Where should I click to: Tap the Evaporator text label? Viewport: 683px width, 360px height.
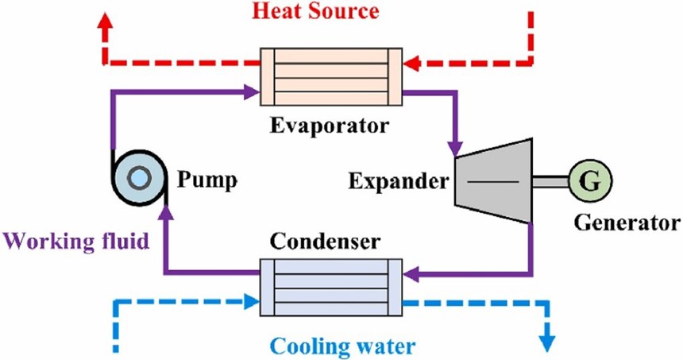pos(330,126)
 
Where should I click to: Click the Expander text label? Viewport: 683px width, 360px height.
pos(398,181)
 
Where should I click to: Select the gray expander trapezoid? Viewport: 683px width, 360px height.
pos(493,181)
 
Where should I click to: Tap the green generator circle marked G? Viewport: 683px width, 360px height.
pos(588,181)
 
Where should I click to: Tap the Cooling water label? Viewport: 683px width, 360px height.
pos(341,346)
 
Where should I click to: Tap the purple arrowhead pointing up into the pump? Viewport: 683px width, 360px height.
pos(164,211)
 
